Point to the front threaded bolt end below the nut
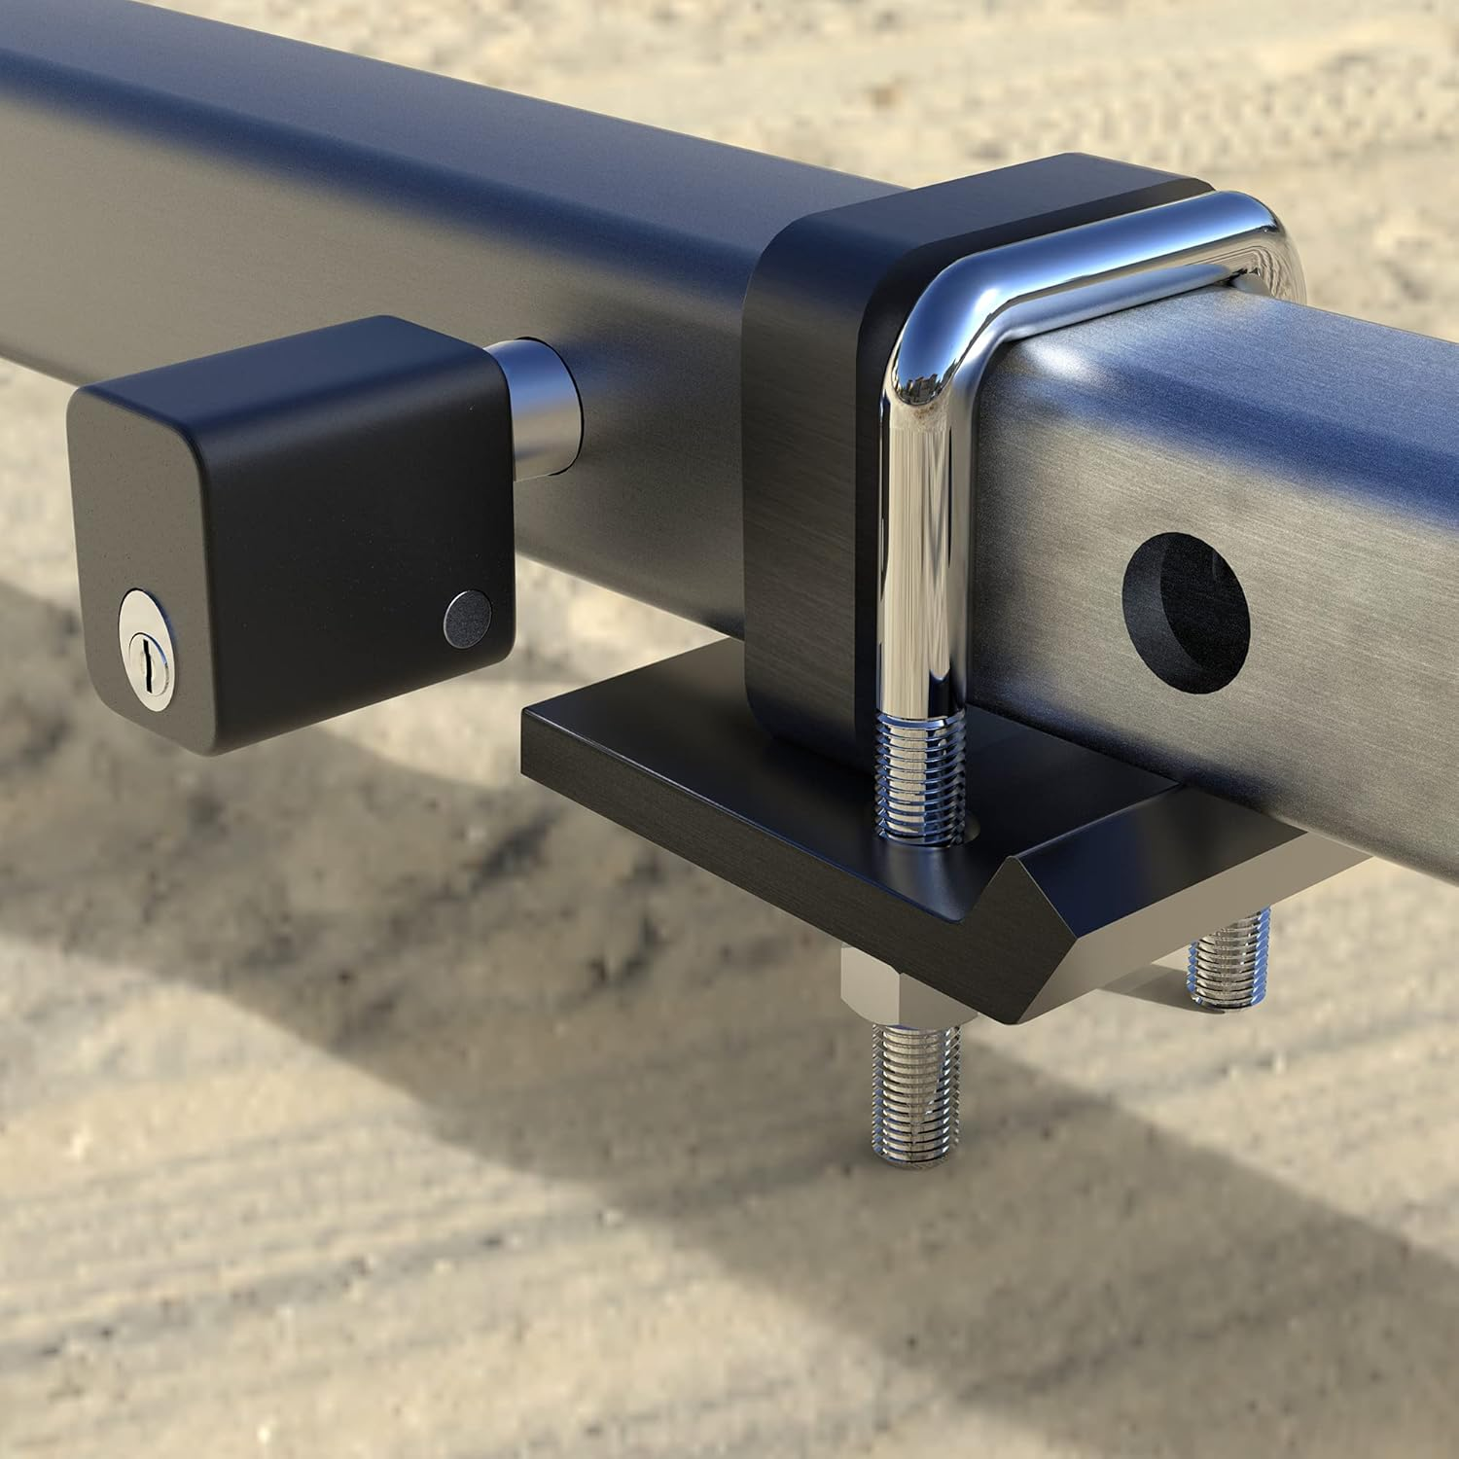pyautogui.click(x=915, y=1089)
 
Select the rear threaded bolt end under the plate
pyautogui.click(x=1230, y=958)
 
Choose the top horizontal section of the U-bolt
pyautogui.click(x=1119, y=233)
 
